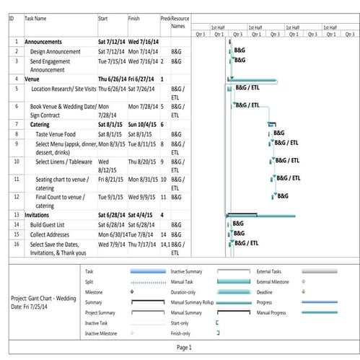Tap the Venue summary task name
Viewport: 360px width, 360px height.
[x=32, y=79]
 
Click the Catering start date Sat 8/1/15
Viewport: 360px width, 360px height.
[x=112, y=124]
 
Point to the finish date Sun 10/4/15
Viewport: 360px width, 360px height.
[x=144, y=124]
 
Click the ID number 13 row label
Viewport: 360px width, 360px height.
[x=15, y=215]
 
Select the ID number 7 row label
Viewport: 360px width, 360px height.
[x=15, y=124]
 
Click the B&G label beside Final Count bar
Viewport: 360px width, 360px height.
[x=282, y=196]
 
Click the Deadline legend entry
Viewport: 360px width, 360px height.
[x=268, y=291]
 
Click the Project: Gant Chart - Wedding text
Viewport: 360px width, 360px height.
[x=43, y=297]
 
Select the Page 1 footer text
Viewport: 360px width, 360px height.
[x=184, y=348]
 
